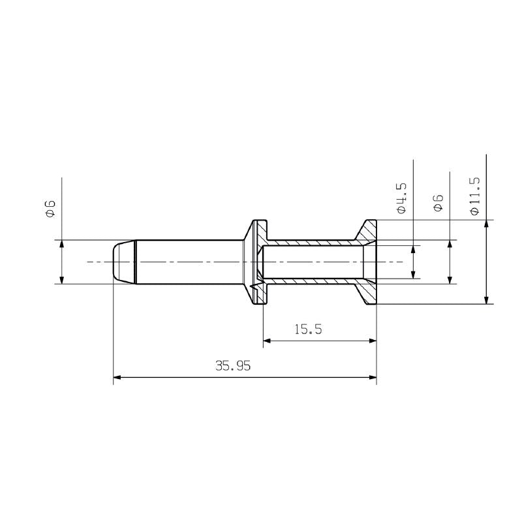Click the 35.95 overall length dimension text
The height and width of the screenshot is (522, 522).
(233, 366)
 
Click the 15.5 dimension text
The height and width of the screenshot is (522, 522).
(308, 330)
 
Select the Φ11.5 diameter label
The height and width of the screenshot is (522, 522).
(474, 196)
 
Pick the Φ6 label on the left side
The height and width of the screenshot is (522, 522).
(50, 208)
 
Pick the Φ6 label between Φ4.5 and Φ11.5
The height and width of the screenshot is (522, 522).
(438, 202)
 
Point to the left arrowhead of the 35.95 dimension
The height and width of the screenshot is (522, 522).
(118, 377)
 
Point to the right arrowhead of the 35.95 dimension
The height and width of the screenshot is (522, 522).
(373, 377)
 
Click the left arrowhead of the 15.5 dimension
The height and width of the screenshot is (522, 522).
(268, 341)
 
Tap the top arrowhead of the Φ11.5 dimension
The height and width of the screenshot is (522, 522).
(486, 225)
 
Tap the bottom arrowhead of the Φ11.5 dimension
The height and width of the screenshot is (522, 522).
(486, 299)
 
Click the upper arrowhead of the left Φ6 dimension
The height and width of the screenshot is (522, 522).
(61, 245)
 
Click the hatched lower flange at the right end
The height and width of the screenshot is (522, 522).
(369, 293)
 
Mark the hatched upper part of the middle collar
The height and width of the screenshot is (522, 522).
(262, 230)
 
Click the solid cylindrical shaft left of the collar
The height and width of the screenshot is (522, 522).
(189, 262)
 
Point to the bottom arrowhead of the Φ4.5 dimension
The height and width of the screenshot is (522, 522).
(413, 275)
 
